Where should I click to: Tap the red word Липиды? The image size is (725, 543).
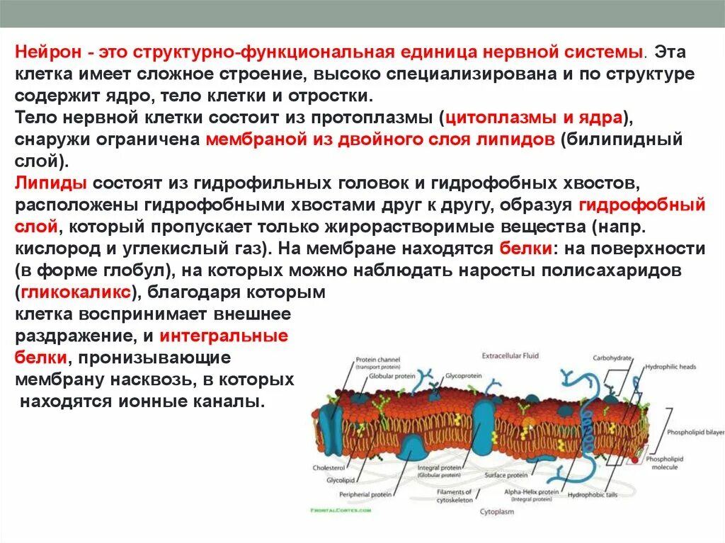click(x=51, y=184)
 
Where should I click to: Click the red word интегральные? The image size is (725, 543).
click(x=224, y=336)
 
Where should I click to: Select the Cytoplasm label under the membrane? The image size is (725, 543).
click(x=498, y=510)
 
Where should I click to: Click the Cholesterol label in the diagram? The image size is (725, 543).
click(x=329, y=468)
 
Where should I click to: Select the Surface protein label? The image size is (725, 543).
click(x=506, y=476)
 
